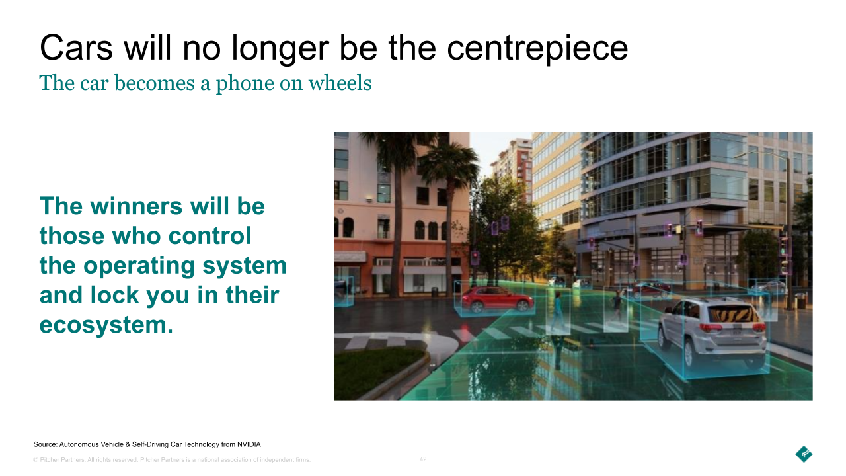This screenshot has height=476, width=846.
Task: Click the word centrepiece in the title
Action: coord(537,49)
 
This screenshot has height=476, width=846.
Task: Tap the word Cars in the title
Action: coord(76,48)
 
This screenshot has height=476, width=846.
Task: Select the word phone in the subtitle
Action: coord(245,84)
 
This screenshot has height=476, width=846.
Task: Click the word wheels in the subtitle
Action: coord(340,83)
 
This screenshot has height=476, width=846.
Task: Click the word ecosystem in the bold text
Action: coord(106,325)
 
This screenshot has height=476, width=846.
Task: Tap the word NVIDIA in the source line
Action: coord(249,444)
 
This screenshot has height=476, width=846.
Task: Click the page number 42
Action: coord(423,459)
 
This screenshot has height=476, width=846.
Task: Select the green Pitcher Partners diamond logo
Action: coord(804,454)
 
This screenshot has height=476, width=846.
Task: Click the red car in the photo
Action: coord(497,299)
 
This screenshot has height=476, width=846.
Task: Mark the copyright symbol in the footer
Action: coord(36,460)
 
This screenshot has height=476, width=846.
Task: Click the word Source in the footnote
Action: coord(46,444)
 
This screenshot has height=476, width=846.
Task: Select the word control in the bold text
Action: coord(210,236)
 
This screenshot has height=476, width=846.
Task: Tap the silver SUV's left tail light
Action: coord(711,328)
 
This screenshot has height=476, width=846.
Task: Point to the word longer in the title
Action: coord(280,49)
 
